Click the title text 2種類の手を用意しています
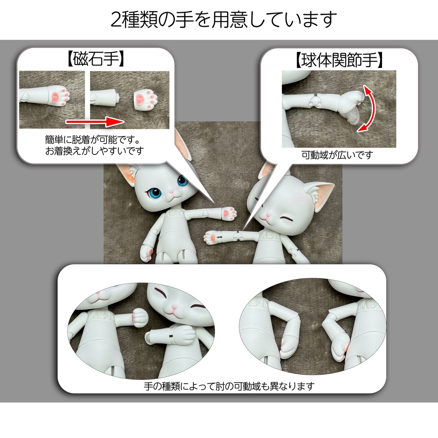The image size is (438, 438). [224, 20]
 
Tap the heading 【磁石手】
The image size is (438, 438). [95, 59]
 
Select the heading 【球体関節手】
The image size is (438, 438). [339, 60]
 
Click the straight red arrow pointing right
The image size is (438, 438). [95, 121]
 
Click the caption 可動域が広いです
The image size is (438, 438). [337, 155]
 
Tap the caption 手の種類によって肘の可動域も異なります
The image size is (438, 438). [229, 386]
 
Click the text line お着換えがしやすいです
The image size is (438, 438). [95, 151]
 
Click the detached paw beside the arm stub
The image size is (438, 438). [146, 100]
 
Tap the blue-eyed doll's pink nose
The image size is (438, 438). [172, 192]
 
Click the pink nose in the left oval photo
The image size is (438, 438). [174, 308]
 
